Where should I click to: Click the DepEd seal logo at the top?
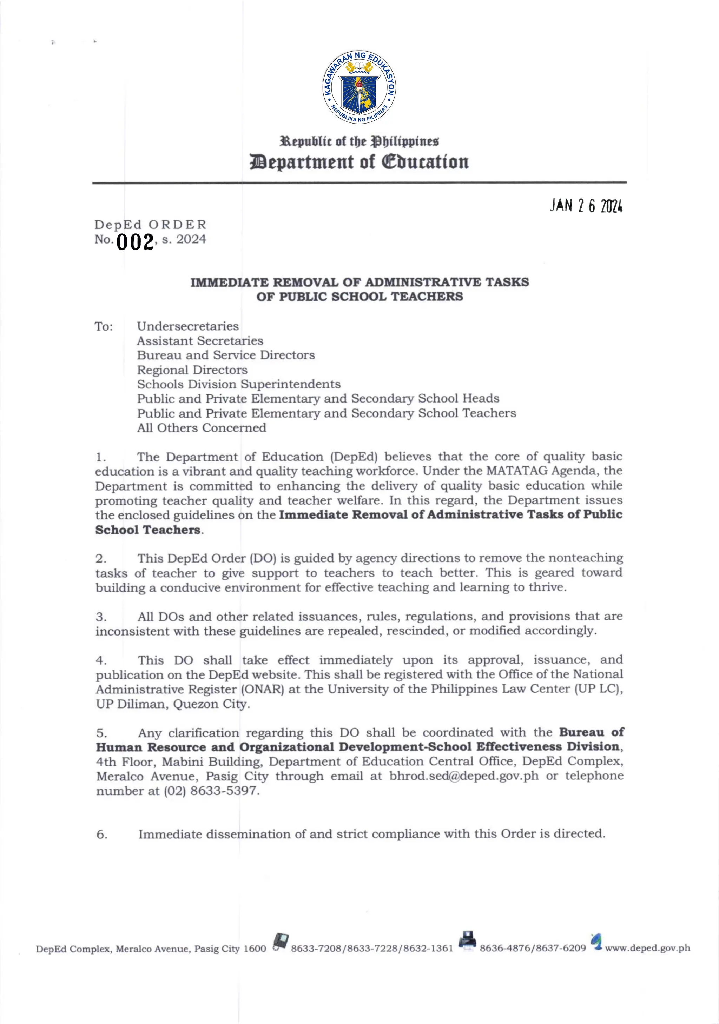359,87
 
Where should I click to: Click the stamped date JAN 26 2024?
586,206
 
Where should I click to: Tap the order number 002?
135,242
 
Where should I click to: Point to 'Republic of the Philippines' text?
359,141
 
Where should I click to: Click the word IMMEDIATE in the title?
229,282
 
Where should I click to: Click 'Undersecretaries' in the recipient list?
187,326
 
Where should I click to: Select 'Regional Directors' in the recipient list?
192,370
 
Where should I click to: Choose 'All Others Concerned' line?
201,428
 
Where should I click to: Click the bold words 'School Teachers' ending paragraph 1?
148,530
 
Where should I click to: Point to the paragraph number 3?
101,617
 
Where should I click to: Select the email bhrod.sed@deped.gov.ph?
464,776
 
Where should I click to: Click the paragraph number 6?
102,835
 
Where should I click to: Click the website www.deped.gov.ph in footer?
647,948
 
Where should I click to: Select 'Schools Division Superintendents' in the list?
238,384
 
